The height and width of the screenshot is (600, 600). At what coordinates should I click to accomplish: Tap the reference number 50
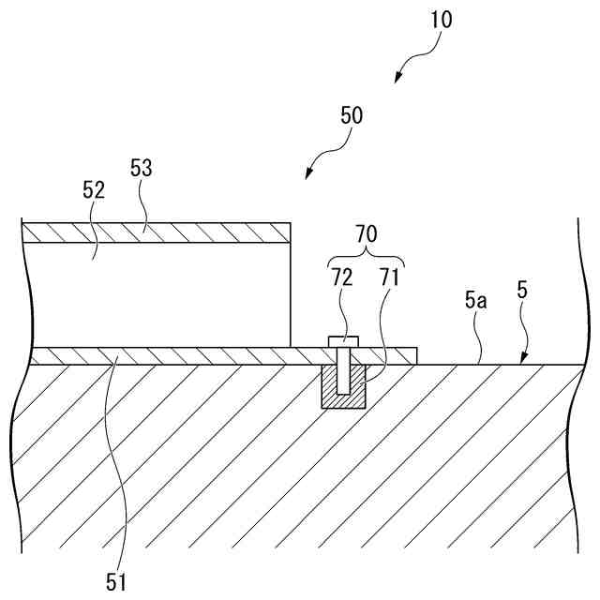(351, 116)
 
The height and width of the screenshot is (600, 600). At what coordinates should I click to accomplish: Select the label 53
(141, 169)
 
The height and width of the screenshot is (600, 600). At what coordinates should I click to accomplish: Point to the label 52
(94, 190)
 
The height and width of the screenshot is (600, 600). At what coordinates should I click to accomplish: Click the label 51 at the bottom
(115, 582)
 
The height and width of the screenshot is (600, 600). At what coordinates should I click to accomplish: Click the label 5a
(475, 301)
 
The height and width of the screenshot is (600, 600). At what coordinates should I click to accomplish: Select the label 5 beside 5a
(522, 290)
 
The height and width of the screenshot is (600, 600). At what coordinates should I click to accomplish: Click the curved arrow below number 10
(409, 66)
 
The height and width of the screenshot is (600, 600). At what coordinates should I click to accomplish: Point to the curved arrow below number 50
(323, 159)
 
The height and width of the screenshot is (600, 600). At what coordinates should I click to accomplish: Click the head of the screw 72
(341, 340)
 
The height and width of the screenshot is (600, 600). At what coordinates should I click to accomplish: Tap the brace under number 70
(366, 259)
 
